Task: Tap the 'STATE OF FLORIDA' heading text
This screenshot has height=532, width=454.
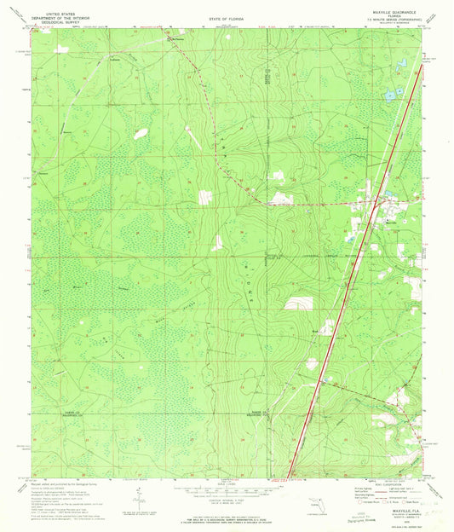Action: click(227, 17)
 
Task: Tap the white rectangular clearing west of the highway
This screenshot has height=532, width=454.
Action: click(297, 303)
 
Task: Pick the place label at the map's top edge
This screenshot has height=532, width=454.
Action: click(178, 38)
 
